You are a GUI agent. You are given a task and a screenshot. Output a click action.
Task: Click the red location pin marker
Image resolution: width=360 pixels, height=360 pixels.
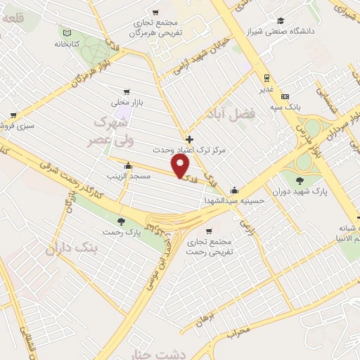pos(181,166)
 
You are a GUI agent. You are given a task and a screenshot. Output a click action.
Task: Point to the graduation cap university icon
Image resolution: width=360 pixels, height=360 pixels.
pos(281,20)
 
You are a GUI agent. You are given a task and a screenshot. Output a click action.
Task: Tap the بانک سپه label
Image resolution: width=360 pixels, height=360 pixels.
pos(285,107)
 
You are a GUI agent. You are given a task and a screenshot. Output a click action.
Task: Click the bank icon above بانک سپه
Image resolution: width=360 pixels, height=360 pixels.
pos(285,96)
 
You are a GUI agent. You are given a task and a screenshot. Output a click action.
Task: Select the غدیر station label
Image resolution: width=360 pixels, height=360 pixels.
pos(266,89)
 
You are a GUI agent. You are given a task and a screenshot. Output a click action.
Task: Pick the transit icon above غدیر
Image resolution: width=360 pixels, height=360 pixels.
pos(266,78)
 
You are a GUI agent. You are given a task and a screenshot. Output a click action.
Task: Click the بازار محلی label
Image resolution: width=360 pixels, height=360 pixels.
pos(127,103)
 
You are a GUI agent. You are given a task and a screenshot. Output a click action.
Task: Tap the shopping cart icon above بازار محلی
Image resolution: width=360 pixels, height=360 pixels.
pos(127,91)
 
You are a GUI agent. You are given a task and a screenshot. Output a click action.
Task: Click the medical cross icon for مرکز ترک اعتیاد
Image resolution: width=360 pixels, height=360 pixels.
pos(189,139)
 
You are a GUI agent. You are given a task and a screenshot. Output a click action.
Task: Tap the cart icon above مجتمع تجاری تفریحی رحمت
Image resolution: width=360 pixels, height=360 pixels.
pos(209,231)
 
